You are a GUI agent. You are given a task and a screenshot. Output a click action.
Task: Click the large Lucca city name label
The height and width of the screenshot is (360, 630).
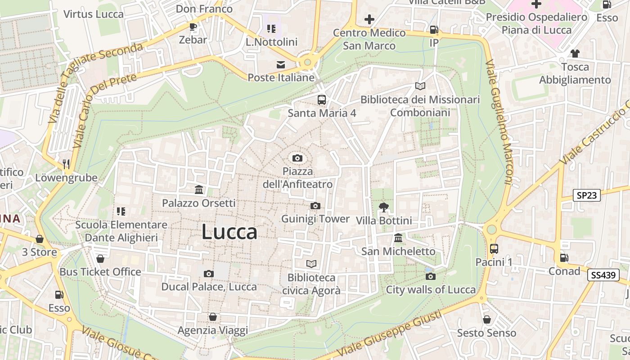pos(229,232)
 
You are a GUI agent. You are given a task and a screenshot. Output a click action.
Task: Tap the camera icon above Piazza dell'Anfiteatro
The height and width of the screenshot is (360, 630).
pos(297,158)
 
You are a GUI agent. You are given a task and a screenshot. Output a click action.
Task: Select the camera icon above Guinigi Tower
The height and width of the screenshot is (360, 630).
pos(315,206)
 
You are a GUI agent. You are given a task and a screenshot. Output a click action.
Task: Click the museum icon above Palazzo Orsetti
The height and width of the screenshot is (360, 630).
pos(199,189)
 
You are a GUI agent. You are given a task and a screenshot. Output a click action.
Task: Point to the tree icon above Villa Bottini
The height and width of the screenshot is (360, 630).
pos(383,207)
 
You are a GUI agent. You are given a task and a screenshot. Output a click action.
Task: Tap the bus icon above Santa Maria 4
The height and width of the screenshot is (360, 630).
pos(322,100)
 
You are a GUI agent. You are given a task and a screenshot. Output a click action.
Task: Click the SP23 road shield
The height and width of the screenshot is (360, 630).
pos(587,195)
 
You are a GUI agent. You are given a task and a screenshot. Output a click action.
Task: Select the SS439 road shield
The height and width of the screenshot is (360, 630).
pos(603,275)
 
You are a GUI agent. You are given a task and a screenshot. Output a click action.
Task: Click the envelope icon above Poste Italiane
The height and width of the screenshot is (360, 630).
pos(281,64)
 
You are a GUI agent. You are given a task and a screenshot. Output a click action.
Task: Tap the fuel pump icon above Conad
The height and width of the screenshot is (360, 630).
pos(564,258)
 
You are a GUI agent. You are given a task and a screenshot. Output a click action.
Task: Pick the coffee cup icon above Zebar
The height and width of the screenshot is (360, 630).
pos(193,27)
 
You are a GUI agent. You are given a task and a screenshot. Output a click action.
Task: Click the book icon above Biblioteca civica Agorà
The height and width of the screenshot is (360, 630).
pos(311,264)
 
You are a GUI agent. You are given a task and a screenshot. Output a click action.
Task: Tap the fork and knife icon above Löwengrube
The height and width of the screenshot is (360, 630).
pos(67,164)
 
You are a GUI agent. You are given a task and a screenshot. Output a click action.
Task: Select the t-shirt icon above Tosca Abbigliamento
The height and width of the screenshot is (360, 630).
pos(575,54)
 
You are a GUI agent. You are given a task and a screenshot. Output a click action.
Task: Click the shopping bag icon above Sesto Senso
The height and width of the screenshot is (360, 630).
pos(486,319)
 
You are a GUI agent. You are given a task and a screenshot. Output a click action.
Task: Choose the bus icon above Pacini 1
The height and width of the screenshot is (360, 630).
pos(494,248)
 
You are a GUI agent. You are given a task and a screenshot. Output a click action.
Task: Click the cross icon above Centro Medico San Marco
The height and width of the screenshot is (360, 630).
pos(369,19)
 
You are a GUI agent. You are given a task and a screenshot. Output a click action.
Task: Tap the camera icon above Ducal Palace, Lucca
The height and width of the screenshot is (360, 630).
pos(208,274)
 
